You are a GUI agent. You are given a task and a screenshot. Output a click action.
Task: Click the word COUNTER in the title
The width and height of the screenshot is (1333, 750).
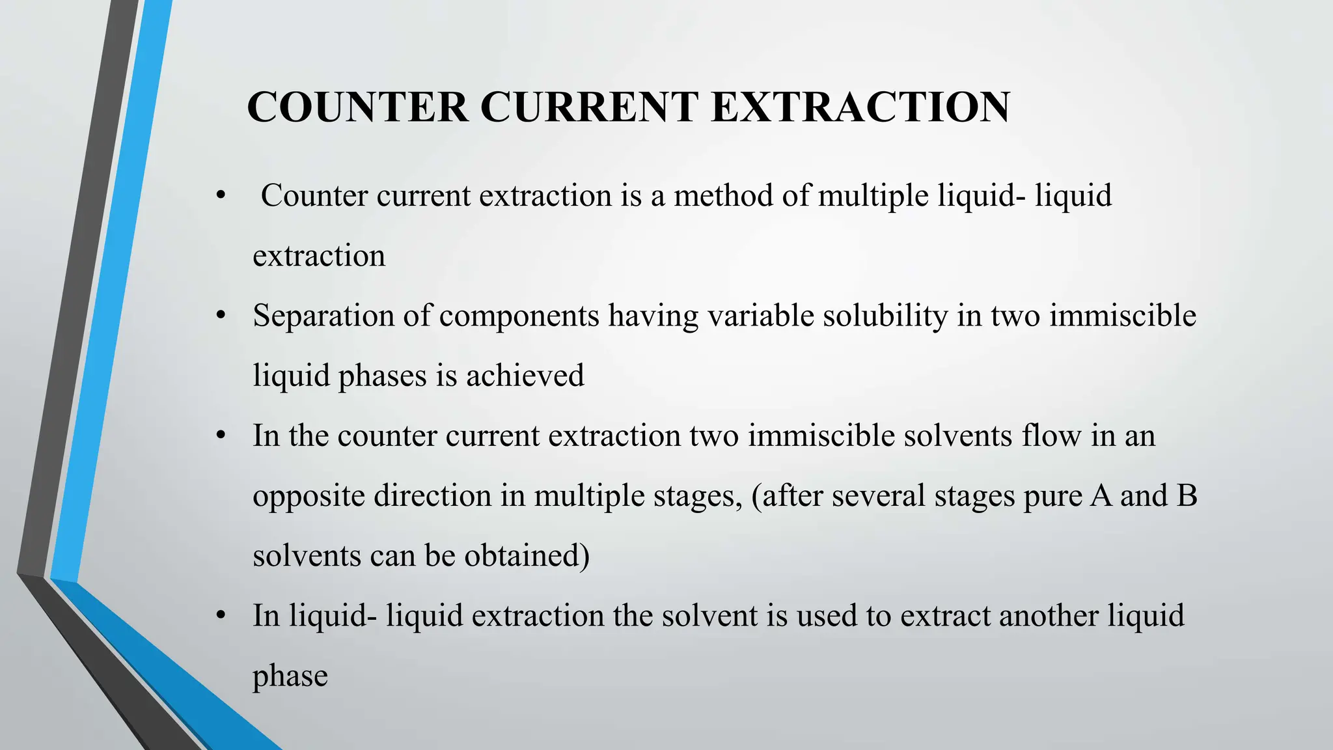pos(357,107)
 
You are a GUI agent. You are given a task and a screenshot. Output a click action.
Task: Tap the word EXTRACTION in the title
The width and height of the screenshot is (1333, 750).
pos(860,107)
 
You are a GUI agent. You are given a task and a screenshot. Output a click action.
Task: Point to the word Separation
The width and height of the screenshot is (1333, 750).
pos(323,316)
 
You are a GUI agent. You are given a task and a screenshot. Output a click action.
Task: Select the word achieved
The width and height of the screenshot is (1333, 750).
pos(525,376)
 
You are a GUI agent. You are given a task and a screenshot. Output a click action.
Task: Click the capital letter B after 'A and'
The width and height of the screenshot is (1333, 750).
pos(1187,495)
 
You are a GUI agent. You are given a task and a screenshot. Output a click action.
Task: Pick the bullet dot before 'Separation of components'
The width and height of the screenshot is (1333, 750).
pos(221,316)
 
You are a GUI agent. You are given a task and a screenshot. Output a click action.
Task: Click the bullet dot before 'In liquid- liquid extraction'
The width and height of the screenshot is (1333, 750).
pos(221,616)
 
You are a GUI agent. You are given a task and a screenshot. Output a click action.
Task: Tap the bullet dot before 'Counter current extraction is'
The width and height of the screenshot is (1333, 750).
pos(221,196)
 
